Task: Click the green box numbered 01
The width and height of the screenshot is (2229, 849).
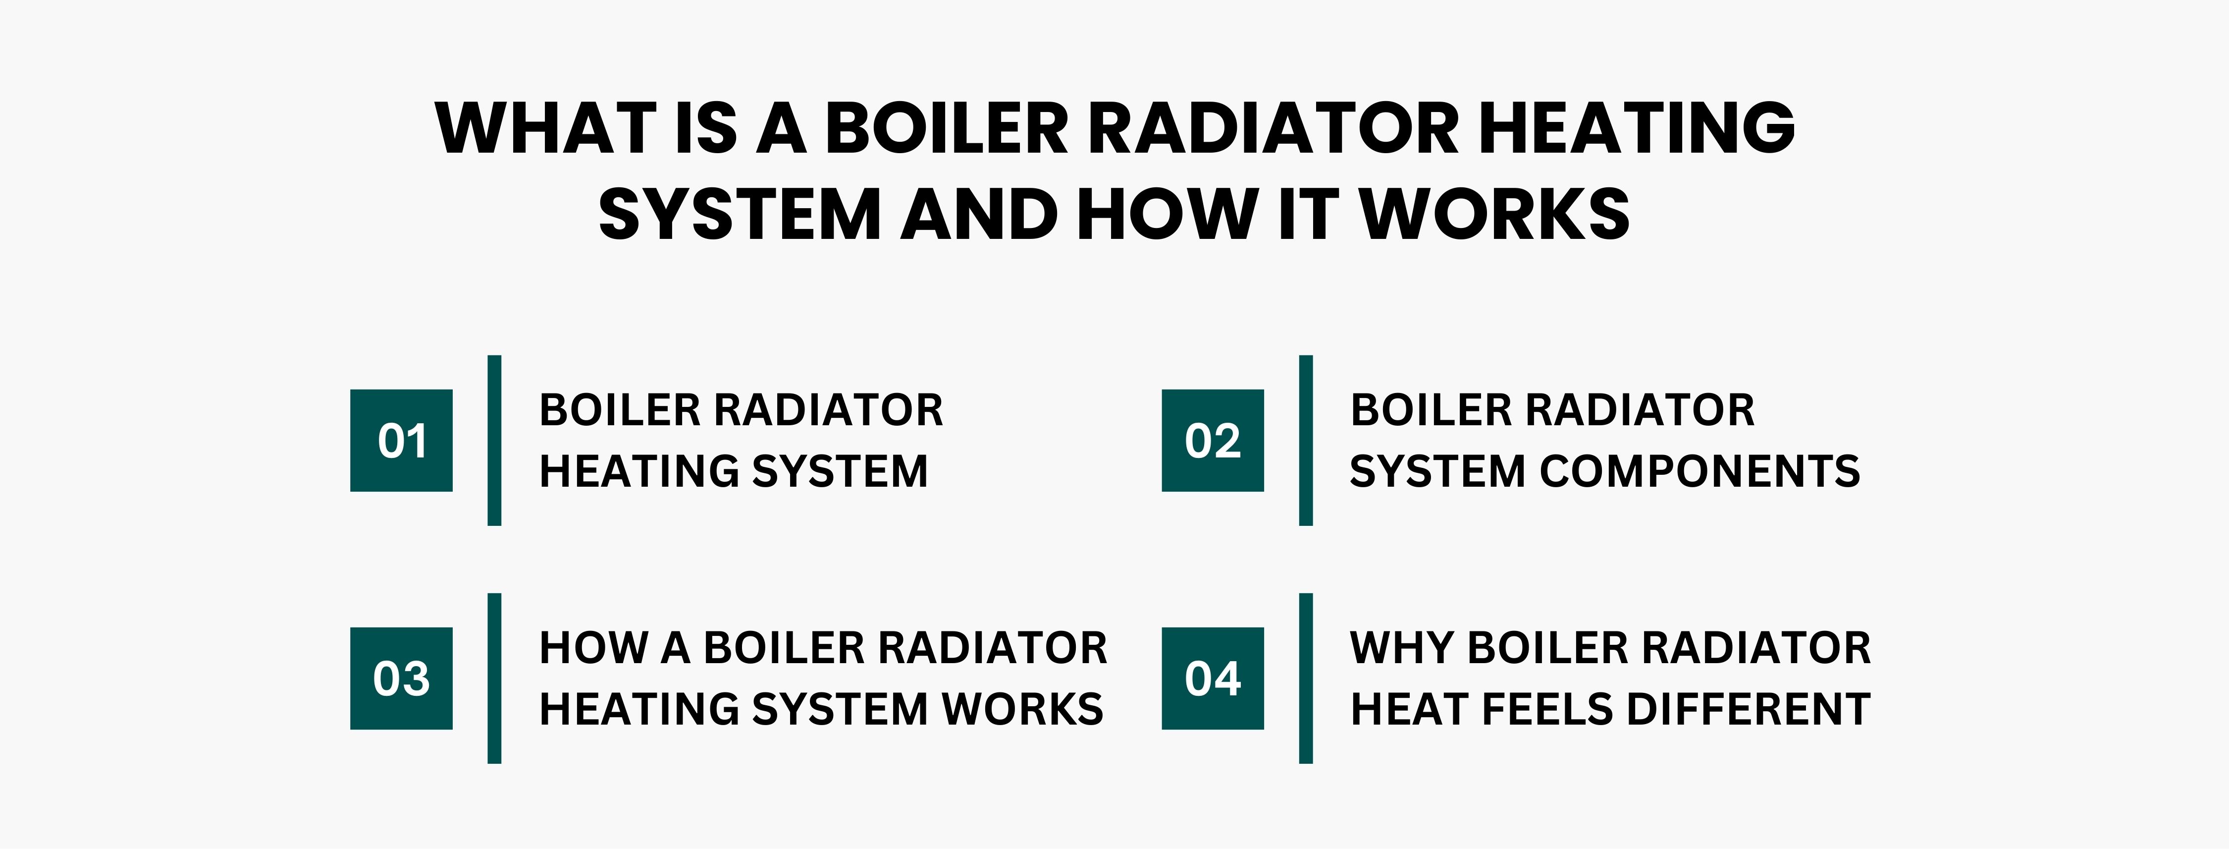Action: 402,441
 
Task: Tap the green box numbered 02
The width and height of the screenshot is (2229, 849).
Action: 1212,441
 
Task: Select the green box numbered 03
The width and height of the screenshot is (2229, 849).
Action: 402,679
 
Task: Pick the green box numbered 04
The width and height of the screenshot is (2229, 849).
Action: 1212,679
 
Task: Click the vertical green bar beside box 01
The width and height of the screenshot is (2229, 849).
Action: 494,441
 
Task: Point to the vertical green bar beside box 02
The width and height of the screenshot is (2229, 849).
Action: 1306,441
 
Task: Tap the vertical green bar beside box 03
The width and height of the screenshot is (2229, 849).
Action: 494,679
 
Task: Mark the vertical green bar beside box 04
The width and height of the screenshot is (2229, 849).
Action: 1306,679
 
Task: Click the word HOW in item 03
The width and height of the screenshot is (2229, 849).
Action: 593,648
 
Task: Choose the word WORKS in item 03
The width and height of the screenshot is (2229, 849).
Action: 1023,710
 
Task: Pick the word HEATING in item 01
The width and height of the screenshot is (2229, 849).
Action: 637,472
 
